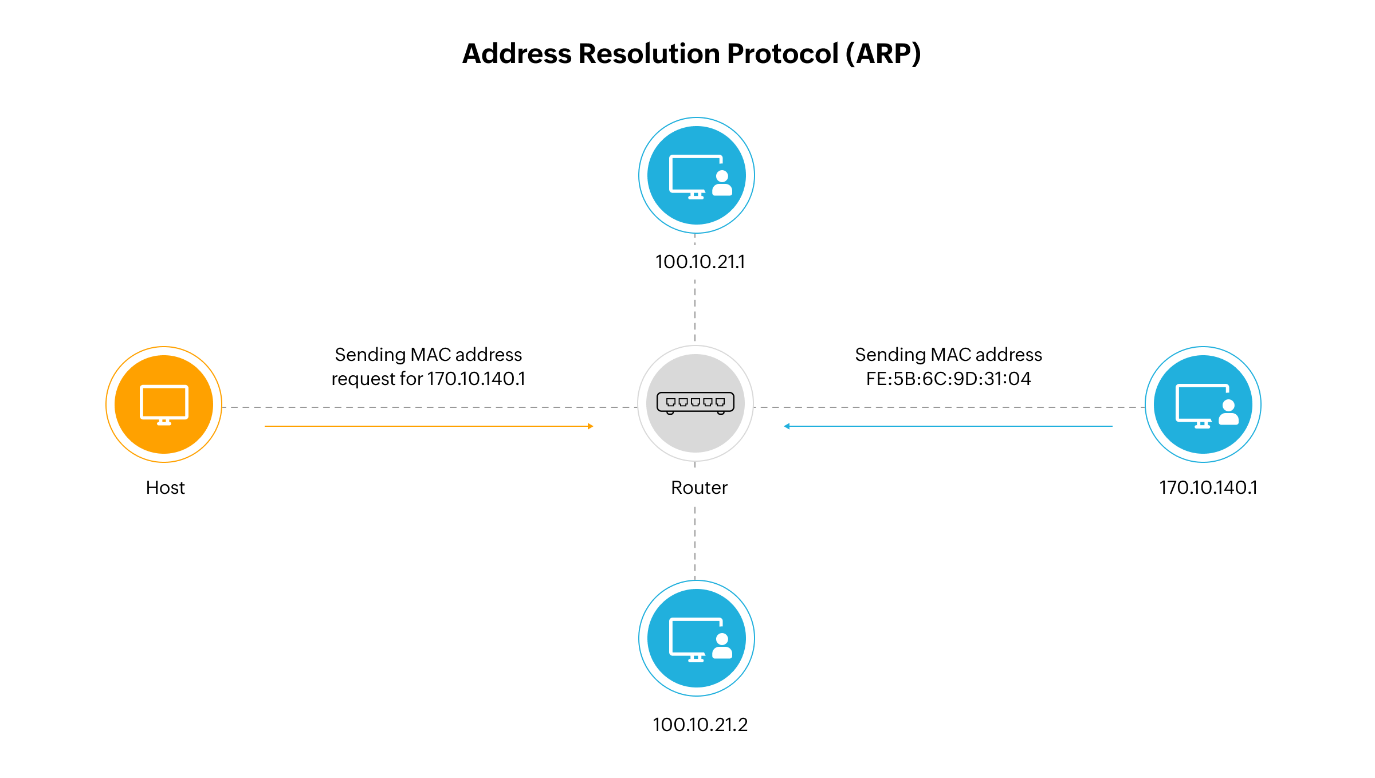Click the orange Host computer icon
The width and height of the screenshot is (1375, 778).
point(164,404)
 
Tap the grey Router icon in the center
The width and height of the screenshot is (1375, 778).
point(696,403)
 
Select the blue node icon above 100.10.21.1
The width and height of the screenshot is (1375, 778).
point(697,175)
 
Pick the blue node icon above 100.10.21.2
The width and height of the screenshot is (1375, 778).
point(697,638)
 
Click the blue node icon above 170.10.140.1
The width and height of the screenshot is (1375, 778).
point(1203,404)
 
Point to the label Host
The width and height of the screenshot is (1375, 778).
point(165,488)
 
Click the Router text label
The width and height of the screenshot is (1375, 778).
point(699,488)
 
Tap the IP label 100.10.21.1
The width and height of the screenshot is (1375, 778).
point(700,262)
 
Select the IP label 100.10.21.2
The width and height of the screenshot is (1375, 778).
point(700,725)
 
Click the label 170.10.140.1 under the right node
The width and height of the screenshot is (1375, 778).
point(1208,488)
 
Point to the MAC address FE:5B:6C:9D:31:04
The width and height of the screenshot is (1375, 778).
point(948,379)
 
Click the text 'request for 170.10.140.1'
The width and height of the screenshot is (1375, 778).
point(428,379)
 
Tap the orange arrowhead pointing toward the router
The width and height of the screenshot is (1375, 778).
point(590,426)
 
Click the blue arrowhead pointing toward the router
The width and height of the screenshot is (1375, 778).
point(787,426)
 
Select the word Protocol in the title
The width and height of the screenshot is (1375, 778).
point(783,54)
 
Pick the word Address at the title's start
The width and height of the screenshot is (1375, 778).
point(517,54)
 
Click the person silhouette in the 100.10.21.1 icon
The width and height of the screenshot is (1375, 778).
point(722,183)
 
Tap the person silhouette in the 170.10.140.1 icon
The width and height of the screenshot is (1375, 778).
point(1228,412)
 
